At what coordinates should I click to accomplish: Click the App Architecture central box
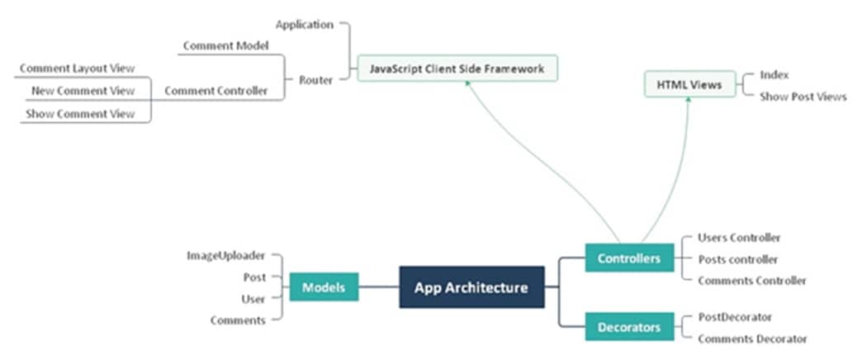pyautogui.click(x=471, y=287)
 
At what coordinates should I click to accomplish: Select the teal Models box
pyautogui.click(x=324, y=287)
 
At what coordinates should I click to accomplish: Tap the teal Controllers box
pyautogui.click(x=629, y=258)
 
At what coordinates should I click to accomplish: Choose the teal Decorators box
pyautogui.click(x=629, y=327)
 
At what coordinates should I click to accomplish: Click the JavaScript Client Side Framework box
pyautogui.click(x=457, y=69)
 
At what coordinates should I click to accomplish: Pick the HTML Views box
pyautogui.click(x=689, y=84)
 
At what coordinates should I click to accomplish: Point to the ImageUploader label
pyautogui.click(x=226, y=256)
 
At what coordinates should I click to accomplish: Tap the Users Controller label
pyautogui.click(x=739, y=238)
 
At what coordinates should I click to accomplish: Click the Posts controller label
pyautogui.click(x=737, y=259)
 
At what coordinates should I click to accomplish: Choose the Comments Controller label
pyautogui.click(x=751, y=281)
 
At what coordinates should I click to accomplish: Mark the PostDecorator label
pyautogui.click(x=735, y=316)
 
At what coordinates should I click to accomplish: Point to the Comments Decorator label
pyautogui.click(x=752, y=339)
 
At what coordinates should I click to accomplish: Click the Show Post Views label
pyautogui.click(x=803, y=97)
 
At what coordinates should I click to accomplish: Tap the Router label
pyautogui.click(x=315, y=80)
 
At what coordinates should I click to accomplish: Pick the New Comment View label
pyautogui.click(x=83, y=91)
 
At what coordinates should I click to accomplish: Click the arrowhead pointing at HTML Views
pyautogui.click(x=689, y=102)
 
